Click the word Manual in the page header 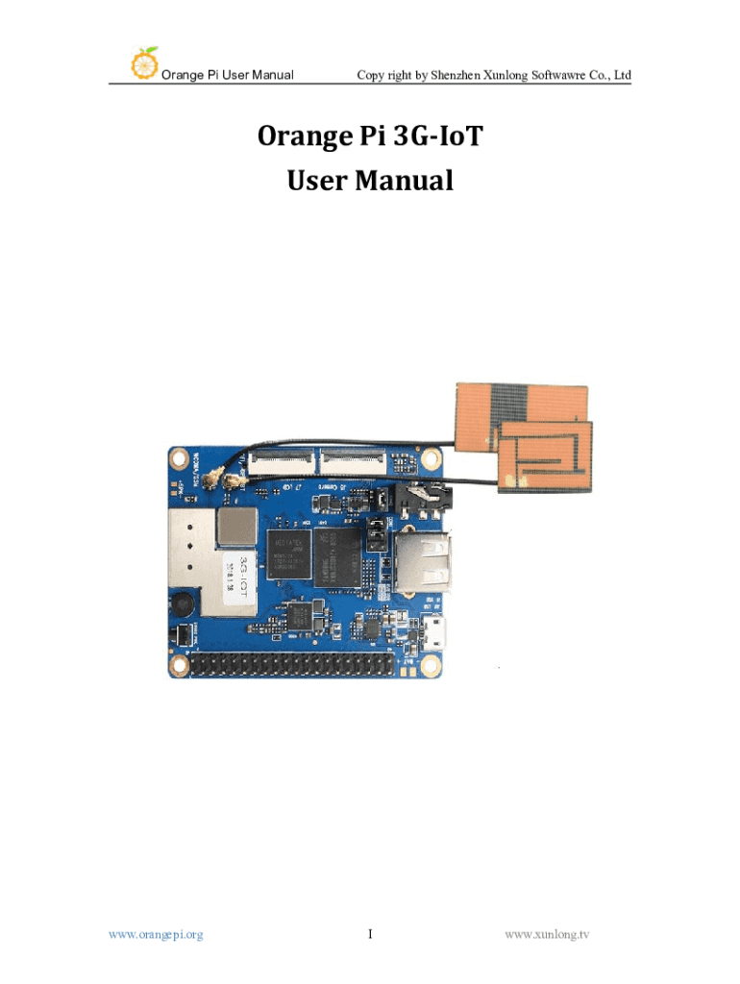[269, 75]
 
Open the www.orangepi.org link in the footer [156, 932]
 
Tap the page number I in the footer [370, 932]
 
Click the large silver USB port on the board [423, 562]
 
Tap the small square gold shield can [235, 525]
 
